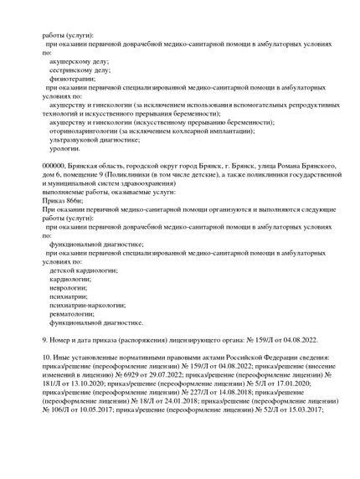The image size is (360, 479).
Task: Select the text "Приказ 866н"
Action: pos(60,201)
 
